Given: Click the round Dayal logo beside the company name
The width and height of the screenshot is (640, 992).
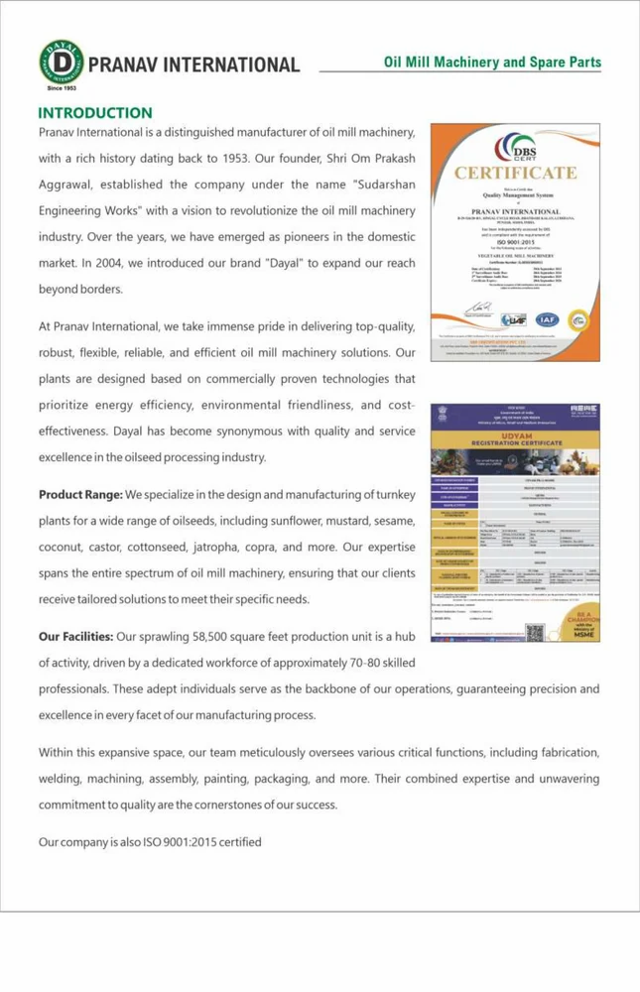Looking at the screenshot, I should tap(62, 62).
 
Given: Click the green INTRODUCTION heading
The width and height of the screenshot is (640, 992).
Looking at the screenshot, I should tap(95, 113).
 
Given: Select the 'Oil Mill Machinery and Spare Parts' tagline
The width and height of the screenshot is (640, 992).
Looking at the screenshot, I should tap(492, 62).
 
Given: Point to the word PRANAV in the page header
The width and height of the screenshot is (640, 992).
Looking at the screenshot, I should tap(123, 65).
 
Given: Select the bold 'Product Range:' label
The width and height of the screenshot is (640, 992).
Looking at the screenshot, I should tap(80, 494).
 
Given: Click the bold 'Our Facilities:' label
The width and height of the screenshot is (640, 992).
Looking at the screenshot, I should tap(75, 636).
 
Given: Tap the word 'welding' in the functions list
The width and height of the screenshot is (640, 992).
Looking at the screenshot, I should tap(62, 778).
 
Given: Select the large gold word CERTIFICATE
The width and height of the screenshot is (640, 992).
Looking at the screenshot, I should tap(515, 173).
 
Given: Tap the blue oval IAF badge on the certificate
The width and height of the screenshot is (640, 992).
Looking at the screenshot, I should tap(547, 319).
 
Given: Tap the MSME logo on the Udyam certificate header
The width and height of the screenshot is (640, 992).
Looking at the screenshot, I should tap(576, 409).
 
